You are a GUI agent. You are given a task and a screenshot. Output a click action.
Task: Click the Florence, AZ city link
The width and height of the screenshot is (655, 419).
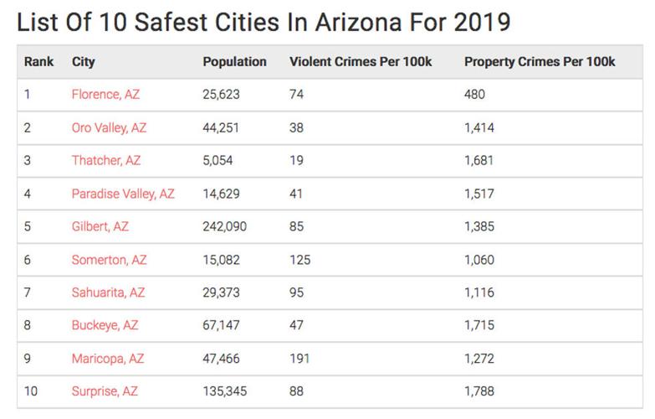105,95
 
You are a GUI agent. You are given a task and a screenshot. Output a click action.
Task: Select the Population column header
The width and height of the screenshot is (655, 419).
234,62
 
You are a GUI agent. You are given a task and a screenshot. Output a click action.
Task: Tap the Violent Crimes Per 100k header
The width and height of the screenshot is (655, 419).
360,62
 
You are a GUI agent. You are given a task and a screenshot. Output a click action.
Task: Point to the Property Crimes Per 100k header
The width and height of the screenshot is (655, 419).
539,62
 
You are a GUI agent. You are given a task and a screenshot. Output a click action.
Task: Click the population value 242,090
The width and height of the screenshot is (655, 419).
224,226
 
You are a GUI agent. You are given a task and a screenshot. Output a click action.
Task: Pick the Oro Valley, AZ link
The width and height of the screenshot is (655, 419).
109,128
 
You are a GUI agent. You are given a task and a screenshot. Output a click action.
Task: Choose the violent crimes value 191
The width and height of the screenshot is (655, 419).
299,359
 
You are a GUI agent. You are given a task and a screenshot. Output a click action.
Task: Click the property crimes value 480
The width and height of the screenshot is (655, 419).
474,95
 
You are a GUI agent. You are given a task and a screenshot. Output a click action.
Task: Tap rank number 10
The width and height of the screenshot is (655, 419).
31,391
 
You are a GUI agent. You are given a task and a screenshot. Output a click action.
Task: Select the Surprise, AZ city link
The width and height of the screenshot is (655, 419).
105,391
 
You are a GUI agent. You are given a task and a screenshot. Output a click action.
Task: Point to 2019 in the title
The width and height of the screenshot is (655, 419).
480,21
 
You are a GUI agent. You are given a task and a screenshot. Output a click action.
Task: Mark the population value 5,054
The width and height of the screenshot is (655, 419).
218,161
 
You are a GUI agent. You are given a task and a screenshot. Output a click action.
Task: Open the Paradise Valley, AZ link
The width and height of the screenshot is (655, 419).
123,194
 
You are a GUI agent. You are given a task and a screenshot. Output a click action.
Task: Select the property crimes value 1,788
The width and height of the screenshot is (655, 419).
479,391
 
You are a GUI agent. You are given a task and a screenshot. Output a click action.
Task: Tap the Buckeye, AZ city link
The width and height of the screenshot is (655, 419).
105,325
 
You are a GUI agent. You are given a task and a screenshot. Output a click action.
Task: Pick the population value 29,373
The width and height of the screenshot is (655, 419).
221,292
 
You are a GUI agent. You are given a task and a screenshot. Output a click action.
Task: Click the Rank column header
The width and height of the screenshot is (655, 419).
38,62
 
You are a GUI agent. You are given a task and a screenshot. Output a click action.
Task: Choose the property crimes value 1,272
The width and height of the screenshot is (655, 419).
479,359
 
